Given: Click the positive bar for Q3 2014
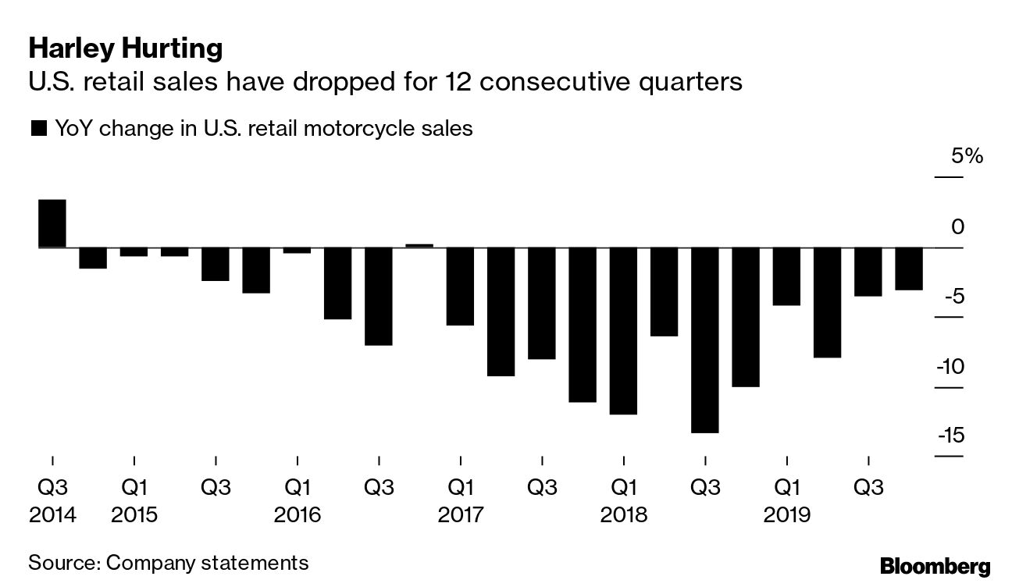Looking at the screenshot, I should point(52,223).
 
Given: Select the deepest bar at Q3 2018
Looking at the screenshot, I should point(704,340).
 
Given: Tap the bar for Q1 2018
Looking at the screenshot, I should point(623,331).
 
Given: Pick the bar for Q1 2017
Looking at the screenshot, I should point(460,286).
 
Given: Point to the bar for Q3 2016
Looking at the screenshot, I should point(379,297).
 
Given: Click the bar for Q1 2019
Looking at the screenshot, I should point(786,276).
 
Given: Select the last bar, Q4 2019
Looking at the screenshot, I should point(908,269).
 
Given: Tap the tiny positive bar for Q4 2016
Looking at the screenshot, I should point(419,245).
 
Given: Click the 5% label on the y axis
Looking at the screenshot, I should point(967,156).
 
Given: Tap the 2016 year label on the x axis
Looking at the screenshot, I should point(298,516).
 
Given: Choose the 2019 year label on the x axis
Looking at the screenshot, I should point(787,516).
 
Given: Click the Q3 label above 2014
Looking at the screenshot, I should point(53,488).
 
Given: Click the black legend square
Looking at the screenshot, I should point(38,129).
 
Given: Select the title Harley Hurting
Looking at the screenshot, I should point(126,49).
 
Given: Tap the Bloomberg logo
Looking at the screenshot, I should point(935,566).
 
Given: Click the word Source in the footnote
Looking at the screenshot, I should point(63,562).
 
